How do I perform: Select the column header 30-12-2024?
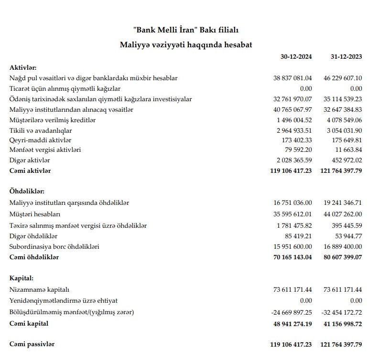(x=296, y=56)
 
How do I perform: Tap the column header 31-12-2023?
(x=346, y=56)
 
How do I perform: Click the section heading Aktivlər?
(x=23, y=67)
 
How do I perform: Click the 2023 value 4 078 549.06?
(x=343, y=120)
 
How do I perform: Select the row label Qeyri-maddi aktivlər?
(x=40, y=140)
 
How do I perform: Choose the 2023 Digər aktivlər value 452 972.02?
(x=345, y=160)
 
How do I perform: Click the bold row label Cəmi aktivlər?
(x=30, y=170)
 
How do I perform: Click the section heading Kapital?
(x=22, y=278)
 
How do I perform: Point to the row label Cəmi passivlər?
(x=32, y=344)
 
